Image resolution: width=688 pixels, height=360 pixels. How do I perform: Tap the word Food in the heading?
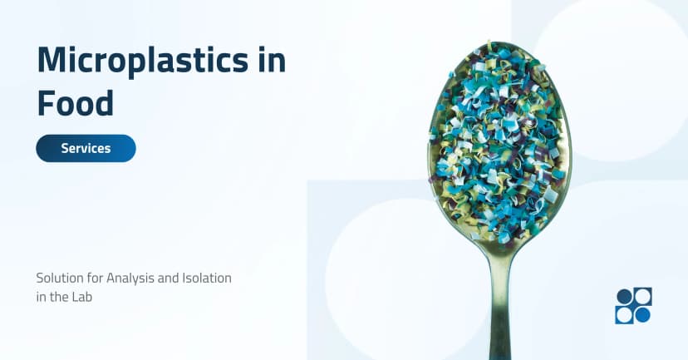[x=75, y=103]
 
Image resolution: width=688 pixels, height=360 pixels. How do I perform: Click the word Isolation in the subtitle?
[x=207, y=278]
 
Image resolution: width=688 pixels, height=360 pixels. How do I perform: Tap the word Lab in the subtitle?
[x=80, y=296]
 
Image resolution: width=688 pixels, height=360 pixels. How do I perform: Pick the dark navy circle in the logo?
[x=624, y=296]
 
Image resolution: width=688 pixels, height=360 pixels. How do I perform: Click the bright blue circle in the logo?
[x=642, y=314]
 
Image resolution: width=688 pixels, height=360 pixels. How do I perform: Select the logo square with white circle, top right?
[x=642, y=296]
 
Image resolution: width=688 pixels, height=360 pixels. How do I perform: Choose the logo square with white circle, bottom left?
[x=624, y=314]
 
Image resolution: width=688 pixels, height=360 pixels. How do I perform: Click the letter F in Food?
[x=46, y=103]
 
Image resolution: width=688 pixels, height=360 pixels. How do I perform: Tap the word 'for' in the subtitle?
[x=95, y=278]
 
